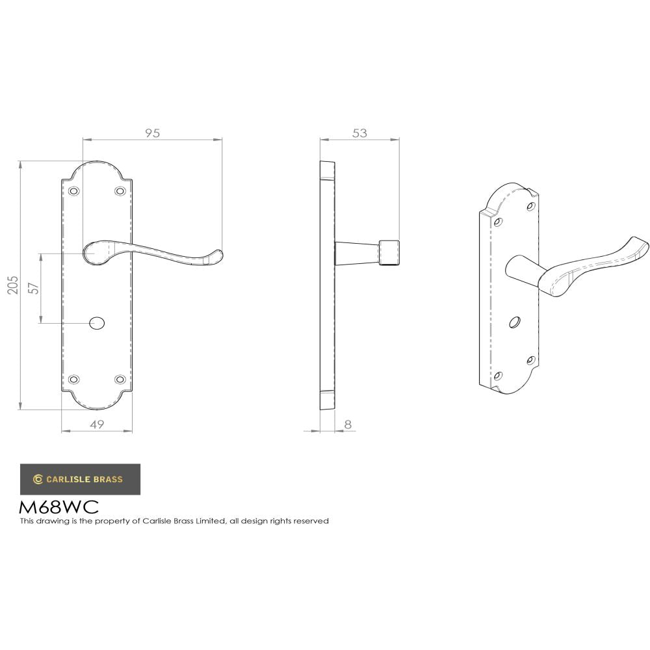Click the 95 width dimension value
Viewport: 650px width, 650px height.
pyautogui.click(x=152, y=133)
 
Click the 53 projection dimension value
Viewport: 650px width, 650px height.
pyautogui.click(x=359, y=133)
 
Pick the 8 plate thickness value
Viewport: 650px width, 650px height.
pyautogui.click(x=348, y=424)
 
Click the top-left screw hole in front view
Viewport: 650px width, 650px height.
pyautogui.click(x=73, y=191)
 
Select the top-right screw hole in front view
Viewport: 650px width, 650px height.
pyautogui.click(x=120, y=191)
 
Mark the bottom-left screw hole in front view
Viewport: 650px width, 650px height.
pyautogui.click(x=73, y=380)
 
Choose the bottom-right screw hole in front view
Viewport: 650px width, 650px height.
pyautogui.click(x=120, y=380)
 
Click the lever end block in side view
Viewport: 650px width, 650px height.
pyautogui.click(x=389, y=252)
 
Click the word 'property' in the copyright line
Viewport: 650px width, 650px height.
pyautogui.click(x=120, y=521)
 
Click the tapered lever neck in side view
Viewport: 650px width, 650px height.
pyautogui.click(x=356, y=253)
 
